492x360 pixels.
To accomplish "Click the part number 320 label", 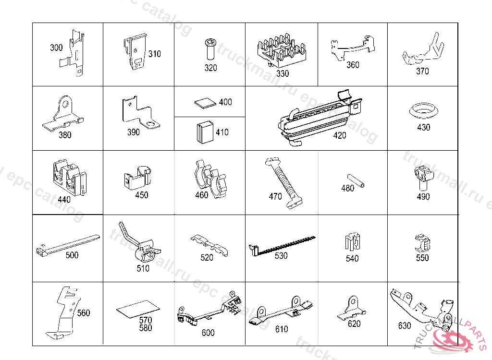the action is (210, 68).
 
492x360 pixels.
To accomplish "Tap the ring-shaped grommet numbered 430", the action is (423, 110).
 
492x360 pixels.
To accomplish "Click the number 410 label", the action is (222, 132).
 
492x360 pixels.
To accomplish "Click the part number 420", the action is (339, 135).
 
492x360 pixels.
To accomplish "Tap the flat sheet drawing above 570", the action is (138, 308).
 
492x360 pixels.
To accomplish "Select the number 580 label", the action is (145, 328).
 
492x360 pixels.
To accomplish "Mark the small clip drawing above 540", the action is (352, 241).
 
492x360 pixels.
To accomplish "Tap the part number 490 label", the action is (423, 196).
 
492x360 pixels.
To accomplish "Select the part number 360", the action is (353, 64).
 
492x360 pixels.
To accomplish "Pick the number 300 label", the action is (56, 48).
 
